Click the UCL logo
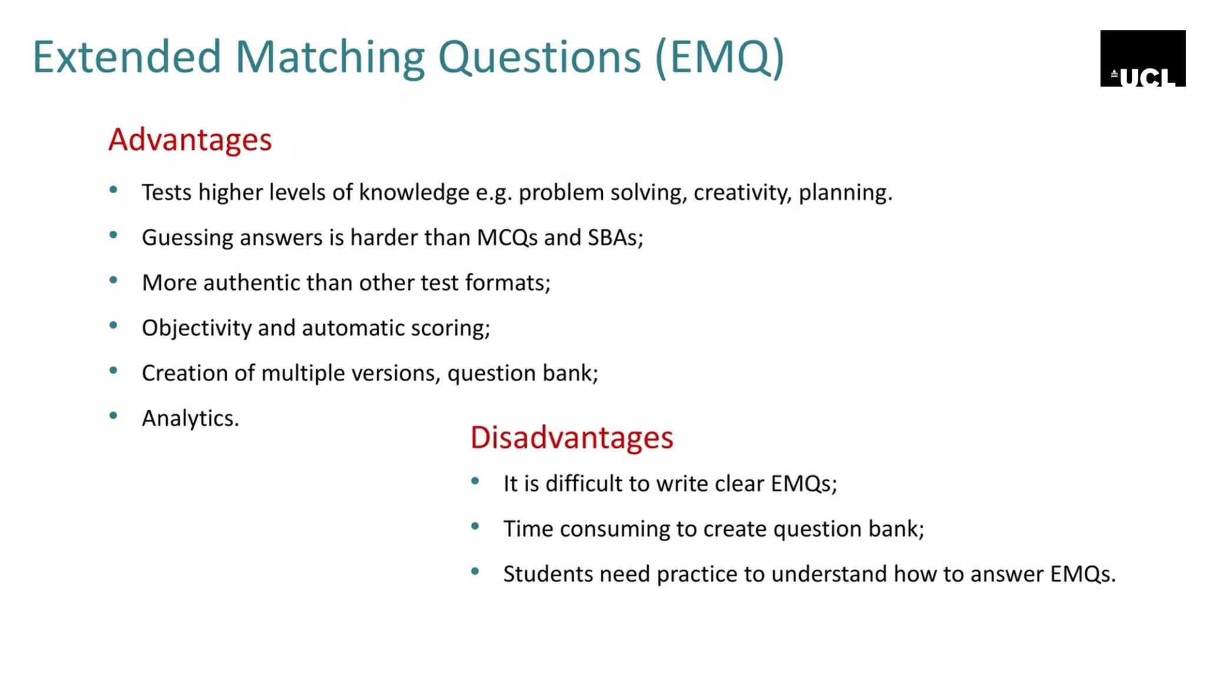[x=1142, y=58]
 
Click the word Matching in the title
[x=330, y=58]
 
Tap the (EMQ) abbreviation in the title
[x=719, y=58]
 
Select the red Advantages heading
[x=190, y=140]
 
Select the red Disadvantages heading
[x=571, y=438]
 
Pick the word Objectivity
[x=197, y=328]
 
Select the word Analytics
[x=190, y=418]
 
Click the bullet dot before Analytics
[x=114, y=416]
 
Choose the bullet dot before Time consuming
[x=475, y=526]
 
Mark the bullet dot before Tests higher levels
[x=114, y=190]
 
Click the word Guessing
[x=187, y=238]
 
